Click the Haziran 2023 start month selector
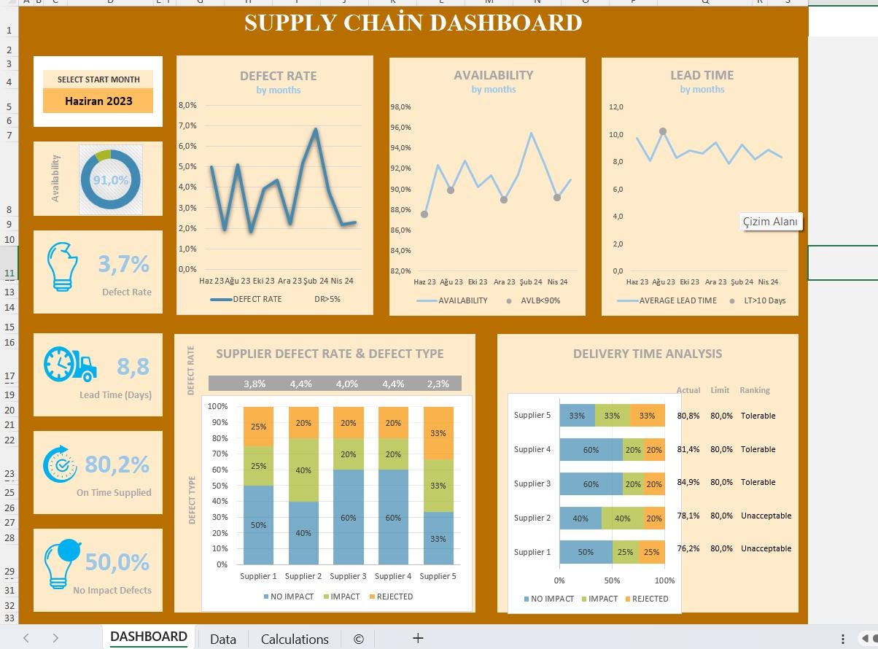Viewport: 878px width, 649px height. point(98,101)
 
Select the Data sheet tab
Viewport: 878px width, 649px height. point(222,639)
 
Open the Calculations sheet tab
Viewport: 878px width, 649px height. point(295,639)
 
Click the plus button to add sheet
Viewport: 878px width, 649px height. point(418,638)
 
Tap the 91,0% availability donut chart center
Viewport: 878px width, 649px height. point(110,180)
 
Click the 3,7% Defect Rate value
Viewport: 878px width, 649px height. point(123,263)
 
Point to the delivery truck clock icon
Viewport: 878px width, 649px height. point(70,364)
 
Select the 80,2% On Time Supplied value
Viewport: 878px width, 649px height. point(117,464)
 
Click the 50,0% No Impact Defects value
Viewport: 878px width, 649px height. point(117,562)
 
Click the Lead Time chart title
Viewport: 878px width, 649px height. point(702,75)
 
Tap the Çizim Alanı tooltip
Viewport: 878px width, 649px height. point(770,222)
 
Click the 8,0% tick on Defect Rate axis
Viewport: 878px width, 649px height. point(187,105)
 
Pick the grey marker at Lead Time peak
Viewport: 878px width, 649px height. point(663,132)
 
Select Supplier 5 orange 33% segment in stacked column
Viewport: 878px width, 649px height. point(438,433)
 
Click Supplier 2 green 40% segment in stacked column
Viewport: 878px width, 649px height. point(303,470)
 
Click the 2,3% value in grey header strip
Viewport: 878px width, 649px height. point(438,384)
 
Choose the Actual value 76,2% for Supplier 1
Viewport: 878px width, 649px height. point(688,548)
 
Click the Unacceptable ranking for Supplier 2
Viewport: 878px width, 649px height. point(766,516)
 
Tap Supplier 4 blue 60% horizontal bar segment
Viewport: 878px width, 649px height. point(591,450)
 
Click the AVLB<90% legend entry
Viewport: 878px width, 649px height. point(535,300)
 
